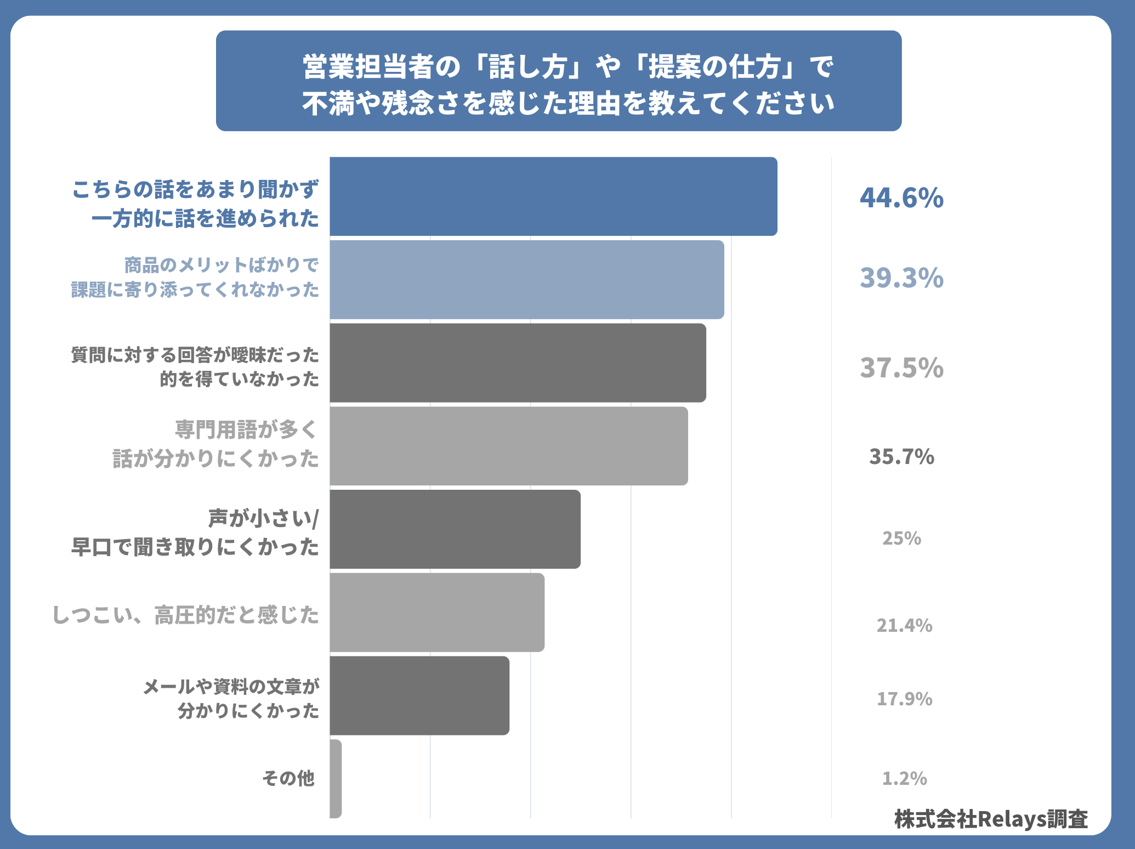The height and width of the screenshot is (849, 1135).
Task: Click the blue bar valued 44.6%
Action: coord(553,196)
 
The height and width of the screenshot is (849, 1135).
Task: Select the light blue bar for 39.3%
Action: coord(527,280)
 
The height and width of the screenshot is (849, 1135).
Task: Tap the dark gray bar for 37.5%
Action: coord(518,363)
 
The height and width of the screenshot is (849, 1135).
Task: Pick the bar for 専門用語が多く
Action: coord(509,446)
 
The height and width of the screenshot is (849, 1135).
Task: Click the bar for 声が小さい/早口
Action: coord(455,529)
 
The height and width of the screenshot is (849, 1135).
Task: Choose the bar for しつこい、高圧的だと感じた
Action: coord(437,613)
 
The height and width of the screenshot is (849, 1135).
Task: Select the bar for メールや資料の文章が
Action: coord(419,695)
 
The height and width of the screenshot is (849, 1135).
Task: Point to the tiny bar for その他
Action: coord(336,779)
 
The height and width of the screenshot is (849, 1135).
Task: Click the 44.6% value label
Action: coord(901,198)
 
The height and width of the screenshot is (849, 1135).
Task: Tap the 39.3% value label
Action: coord(901,278)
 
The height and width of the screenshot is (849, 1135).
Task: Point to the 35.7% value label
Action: coord(901,457)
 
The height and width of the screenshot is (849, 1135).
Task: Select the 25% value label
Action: coord(901,539)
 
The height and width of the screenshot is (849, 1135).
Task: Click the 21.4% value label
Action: coord(904,625)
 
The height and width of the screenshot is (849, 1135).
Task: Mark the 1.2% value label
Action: coord(904,778)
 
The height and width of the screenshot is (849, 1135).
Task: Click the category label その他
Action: coord(288,778)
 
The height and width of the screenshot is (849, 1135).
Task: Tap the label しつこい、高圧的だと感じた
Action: coord(186,615)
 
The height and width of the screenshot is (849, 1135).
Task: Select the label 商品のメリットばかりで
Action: coord(222,265)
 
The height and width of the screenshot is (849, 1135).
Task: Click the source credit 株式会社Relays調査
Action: coord(991,819)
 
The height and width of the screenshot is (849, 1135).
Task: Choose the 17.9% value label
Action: coord(904,699)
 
